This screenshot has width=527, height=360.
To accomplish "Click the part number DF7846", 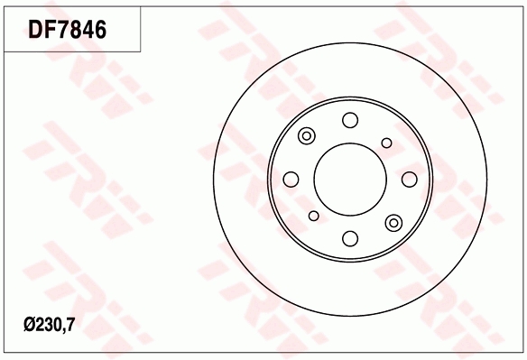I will click(x=68, y=30).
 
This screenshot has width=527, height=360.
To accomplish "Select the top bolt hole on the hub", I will click(x=349, y=120).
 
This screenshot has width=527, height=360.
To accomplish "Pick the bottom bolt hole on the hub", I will click(x=349, y=238).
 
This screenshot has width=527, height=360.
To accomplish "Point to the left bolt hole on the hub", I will click(x=291, y=179).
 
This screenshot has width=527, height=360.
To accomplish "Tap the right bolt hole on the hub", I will click(x=409, y=179).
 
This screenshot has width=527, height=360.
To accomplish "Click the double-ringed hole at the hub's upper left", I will click(x=306, y=136).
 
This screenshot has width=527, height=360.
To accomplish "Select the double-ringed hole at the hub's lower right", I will click(x=393, y=222).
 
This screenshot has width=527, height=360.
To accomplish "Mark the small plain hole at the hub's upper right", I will click(x=386, y=142).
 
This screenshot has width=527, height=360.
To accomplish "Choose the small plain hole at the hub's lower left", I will click(x=313, y=216).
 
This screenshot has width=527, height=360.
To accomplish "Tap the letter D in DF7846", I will click(x=37, y=30).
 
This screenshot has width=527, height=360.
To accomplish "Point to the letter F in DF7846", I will click(x=51, y=30).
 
